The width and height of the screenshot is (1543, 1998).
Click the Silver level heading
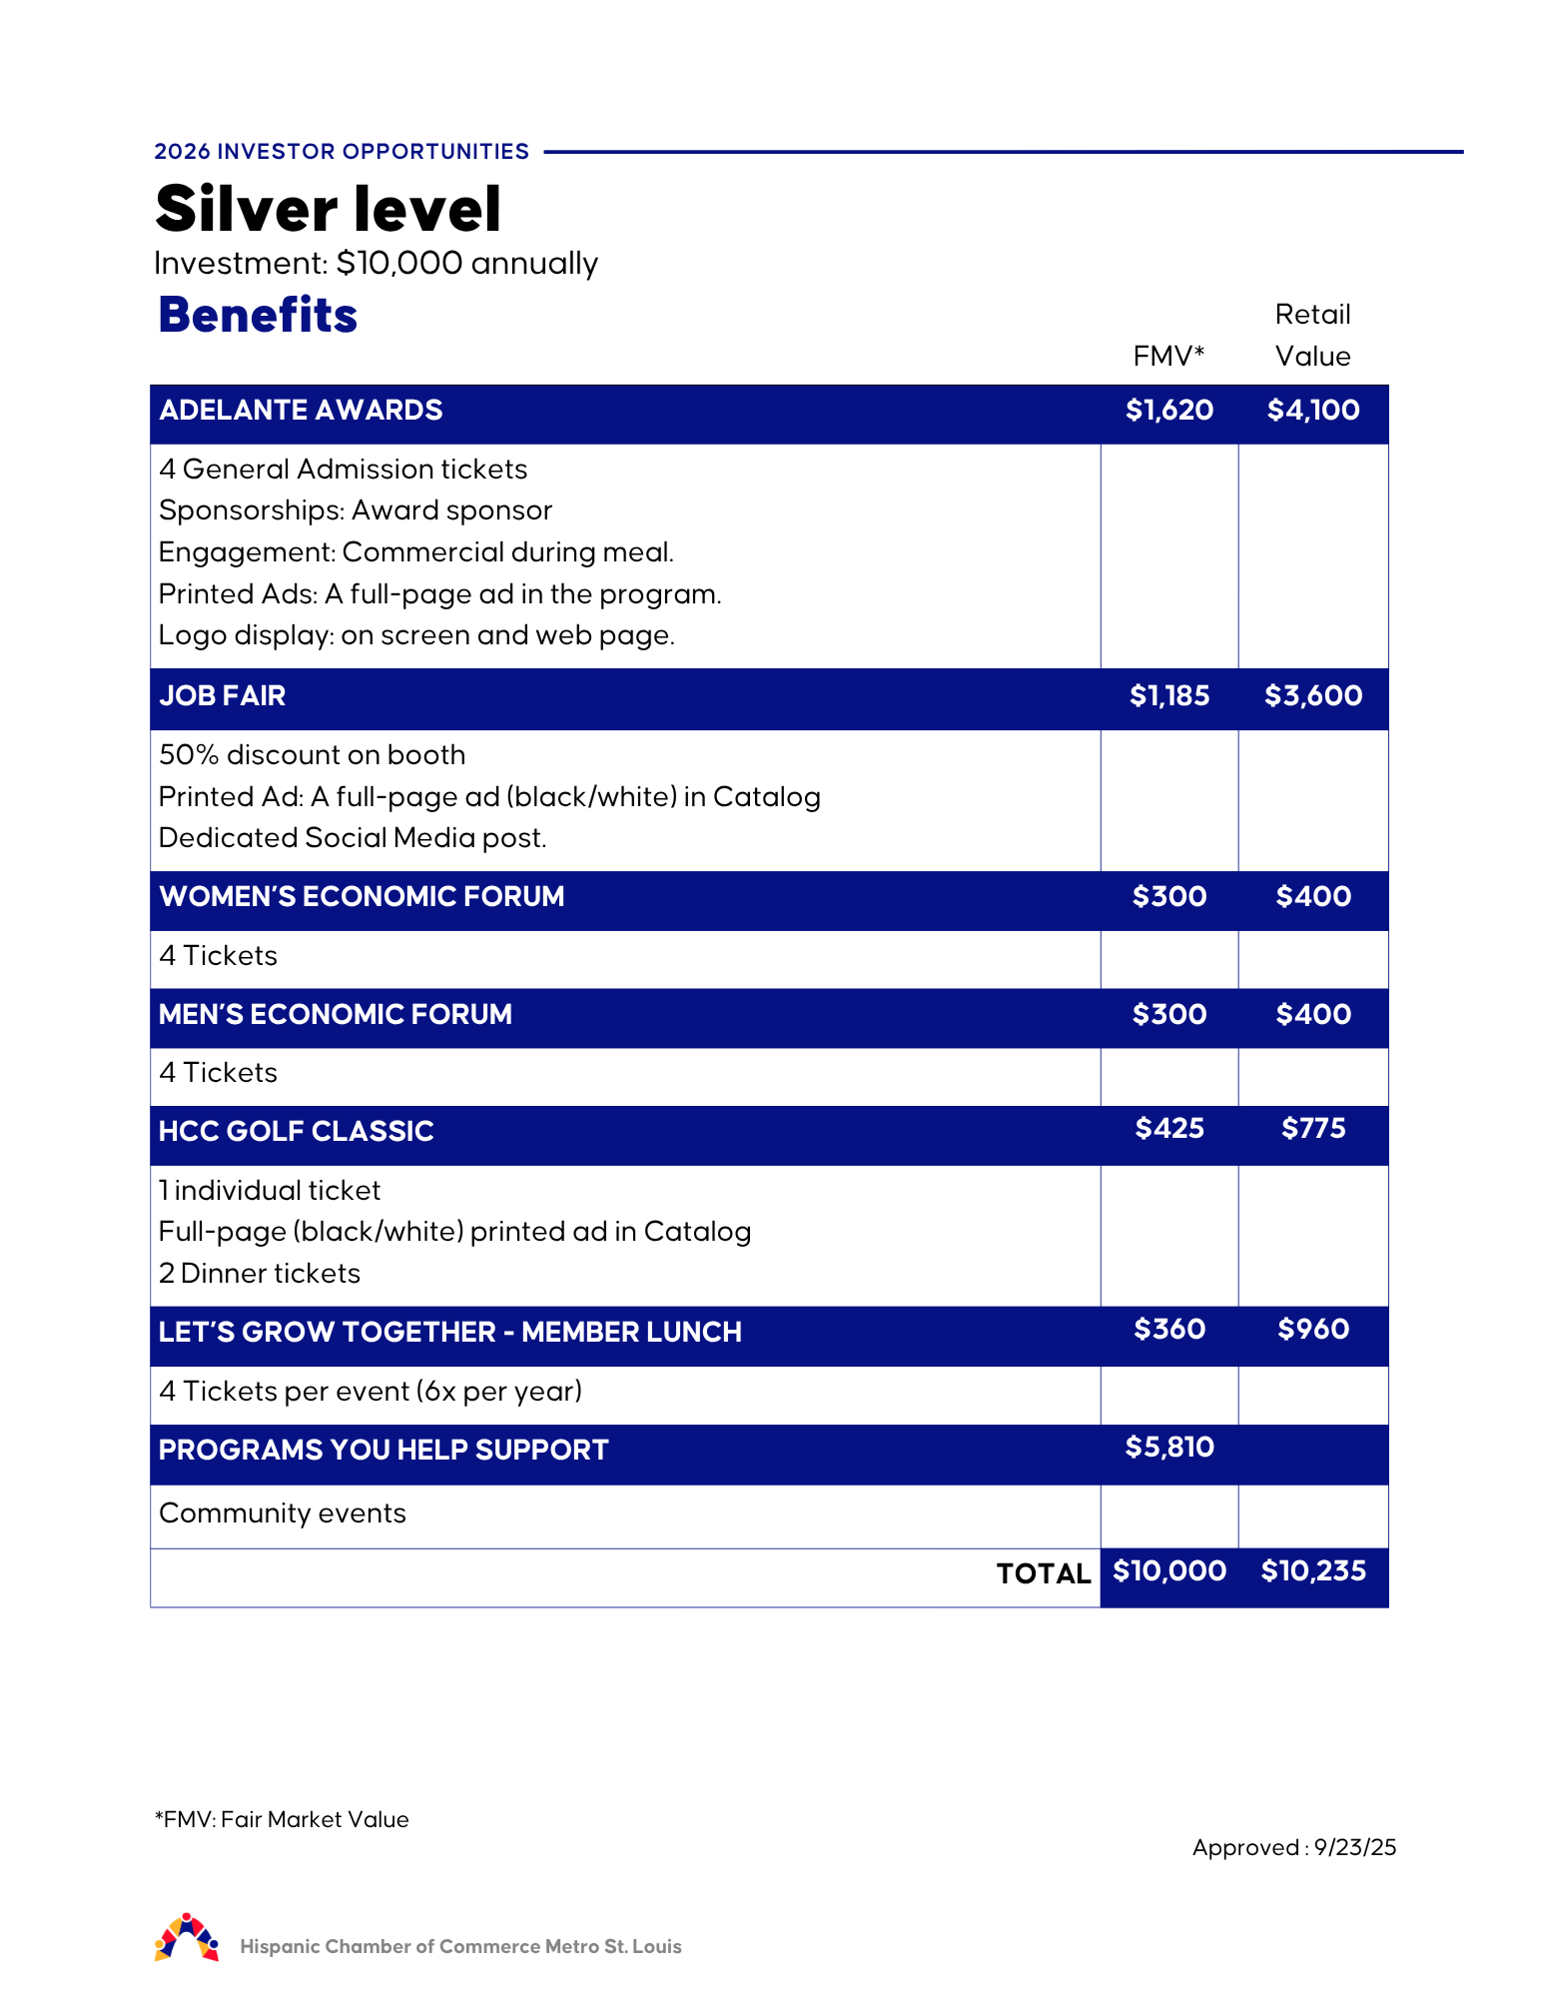coord(328,209)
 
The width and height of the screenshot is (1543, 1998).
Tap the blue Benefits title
coord(258,315)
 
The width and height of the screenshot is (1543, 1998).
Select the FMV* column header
coord(1168,356)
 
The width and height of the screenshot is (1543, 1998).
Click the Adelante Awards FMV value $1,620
coord(1168,410)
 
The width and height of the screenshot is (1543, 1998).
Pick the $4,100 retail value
coord(1312,410)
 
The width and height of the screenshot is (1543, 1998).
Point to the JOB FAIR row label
coord(222,695)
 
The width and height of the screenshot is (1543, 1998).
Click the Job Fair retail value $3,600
coord(1312,695)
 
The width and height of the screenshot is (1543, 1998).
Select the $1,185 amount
coord(1168,695)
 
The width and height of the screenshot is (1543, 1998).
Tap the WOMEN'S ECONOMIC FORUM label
coord(362,896)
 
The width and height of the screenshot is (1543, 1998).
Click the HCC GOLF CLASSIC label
coord(296,1131)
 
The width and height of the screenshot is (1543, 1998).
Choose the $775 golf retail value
coord(1312,1129)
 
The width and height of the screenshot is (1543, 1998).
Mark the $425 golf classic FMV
coord(1168,1129)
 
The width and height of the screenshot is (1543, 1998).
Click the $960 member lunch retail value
coord(1312,1329)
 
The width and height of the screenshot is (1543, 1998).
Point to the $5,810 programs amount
coord(1168,1447)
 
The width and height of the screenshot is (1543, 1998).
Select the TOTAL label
coord(1043,1573)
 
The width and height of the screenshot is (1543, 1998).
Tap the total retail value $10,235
coord(1312,1570)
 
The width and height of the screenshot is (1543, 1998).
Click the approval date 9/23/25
coord(1354,1847)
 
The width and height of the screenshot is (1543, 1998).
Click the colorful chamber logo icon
coord(187,1938)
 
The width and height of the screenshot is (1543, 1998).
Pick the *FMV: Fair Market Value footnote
coord(282,1819)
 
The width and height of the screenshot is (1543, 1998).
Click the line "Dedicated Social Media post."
coord(353,837)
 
